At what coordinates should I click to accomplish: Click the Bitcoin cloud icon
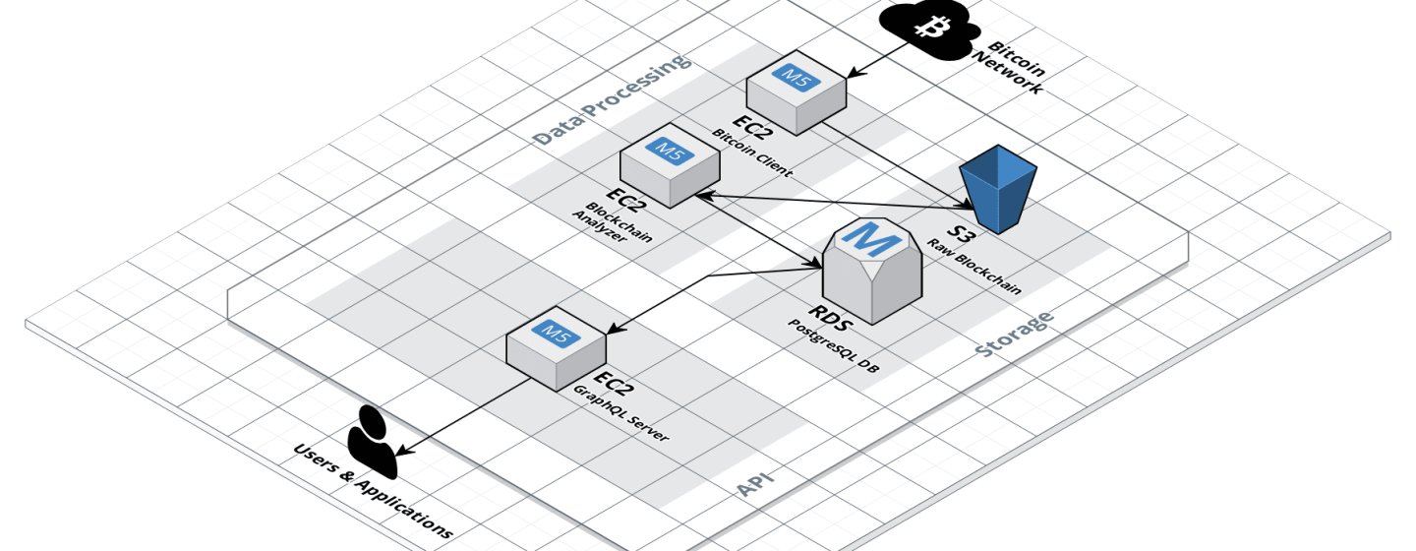point(929,31)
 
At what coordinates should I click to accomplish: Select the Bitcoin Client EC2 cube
point(796,92)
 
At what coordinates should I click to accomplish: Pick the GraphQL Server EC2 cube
point(557,348)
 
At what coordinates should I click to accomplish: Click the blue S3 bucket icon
point(998,189)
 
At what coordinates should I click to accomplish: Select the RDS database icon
point(872,271)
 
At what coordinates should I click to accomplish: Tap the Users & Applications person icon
point(373,442)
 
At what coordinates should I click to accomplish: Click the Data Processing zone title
point(611,99)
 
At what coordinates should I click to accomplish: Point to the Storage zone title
point(1014,334)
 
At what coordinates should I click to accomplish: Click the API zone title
point(755,483)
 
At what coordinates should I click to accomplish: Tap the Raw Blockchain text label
point(973,267)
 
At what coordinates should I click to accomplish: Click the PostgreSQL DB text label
point(833,345)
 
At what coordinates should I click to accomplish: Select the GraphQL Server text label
point(620,413)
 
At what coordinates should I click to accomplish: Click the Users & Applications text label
point(373,491)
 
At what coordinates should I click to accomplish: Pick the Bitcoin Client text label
point(752,153)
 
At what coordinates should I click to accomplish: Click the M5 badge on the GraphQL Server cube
point(556,333)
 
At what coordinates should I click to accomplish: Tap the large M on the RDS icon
point(871,238)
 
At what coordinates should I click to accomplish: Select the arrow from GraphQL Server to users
point(464,417)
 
